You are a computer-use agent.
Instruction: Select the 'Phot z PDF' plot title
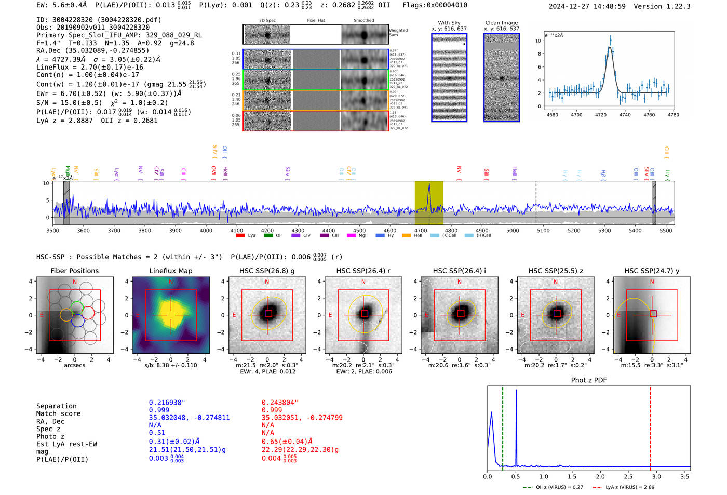tap(589, 380)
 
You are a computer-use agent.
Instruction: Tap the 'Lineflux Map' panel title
tap(171, 271)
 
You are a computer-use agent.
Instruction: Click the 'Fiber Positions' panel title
tap(75, 271)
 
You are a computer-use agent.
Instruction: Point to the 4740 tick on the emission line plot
tap(625, 115)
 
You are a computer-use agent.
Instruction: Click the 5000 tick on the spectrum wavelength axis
tap(513, 230)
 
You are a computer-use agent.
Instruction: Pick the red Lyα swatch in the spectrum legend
tap(240, 236)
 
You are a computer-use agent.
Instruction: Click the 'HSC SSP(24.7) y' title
tap(652, 271)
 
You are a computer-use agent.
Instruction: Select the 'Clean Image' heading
tap(501, 23)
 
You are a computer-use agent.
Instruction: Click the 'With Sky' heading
tap(449, 23)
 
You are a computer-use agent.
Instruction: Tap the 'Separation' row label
tap(57, 406)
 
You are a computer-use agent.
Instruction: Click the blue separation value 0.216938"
tap(167, 403)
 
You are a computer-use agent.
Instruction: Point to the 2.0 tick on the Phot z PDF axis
tap(600, 476)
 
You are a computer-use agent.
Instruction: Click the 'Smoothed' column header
tap(364, 20)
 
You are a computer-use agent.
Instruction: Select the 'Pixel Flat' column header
tap(316, 20)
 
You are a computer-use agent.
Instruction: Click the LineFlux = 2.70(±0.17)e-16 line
tap(90, 67)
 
